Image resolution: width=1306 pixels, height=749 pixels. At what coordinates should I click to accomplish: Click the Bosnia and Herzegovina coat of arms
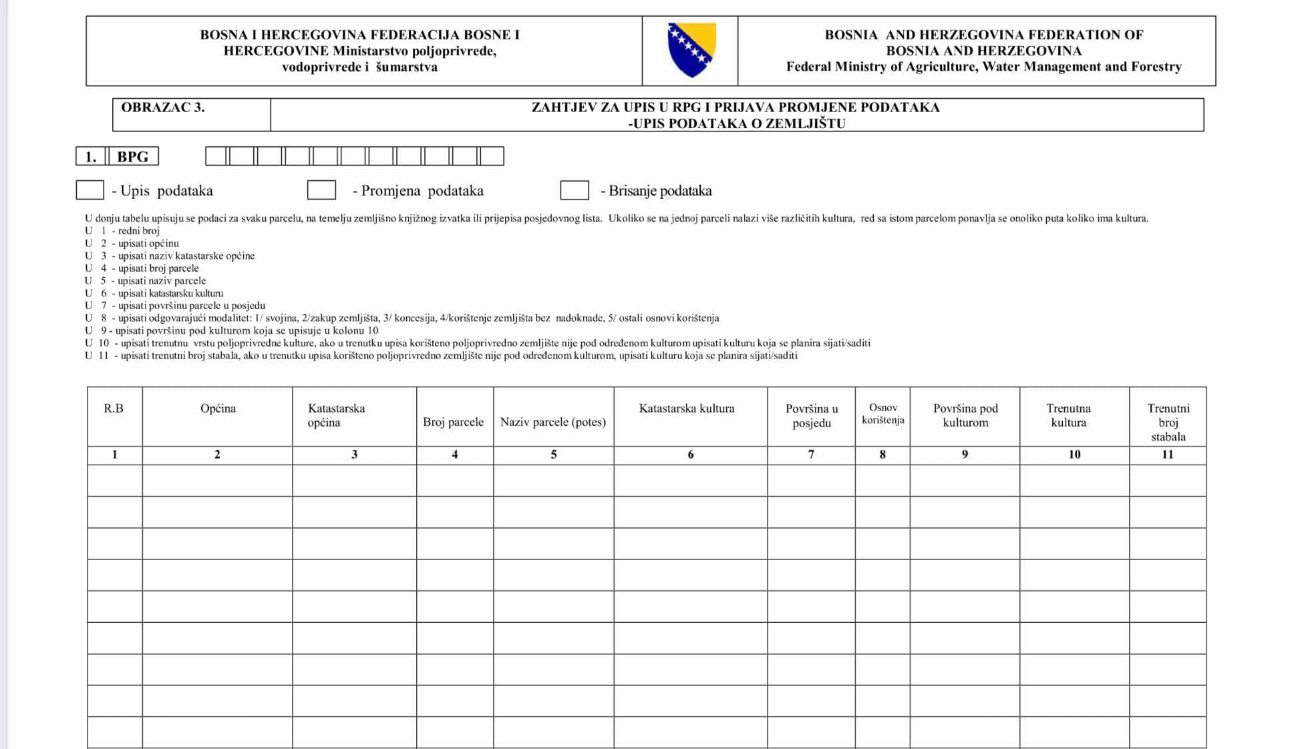(691, 49)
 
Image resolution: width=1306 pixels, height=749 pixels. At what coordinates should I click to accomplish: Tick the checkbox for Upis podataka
(90, 190)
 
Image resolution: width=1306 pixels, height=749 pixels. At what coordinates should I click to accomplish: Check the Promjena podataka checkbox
(321, 190)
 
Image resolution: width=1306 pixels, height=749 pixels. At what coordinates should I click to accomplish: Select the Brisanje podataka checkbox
(575, 190)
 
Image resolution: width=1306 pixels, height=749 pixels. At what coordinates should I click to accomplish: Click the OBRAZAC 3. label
(163, 107)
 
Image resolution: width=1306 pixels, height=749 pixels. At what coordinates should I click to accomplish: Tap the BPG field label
(133, 157)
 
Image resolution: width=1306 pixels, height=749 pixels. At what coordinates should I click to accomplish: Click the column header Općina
(218, 409)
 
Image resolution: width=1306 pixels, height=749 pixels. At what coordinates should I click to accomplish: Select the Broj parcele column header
(453, 422)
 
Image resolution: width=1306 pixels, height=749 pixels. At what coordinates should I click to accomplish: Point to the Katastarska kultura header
(687, 409)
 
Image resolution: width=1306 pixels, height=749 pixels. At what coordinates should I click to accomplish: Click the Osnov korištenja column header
(882, 414)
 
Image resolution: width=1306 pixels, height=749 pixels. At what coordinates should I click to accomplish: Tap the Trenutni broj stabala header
(1168, 422)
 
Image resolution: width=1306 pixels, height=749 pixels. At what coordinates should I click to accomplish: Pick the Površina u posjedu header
(812, 415)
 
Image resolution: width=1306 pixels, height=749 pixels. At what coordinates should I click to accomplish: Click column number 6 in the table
(691, 455)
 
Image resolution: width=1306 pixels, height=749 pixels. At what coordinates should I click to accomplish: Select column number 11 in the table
(1168, 455)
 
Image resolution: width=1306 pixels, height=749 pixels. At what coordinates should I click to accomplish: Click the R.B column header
(114, 409)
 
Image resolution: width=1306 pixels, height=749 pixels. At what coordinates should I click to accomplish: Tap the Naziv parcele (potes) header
(553, 422)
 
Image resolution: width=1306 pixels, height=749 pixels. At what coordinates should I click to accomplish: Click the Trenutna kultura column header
(1069, 415)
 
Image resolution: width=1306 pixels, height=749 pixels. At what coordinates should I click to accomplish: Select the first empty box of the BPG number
(216, 156)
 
